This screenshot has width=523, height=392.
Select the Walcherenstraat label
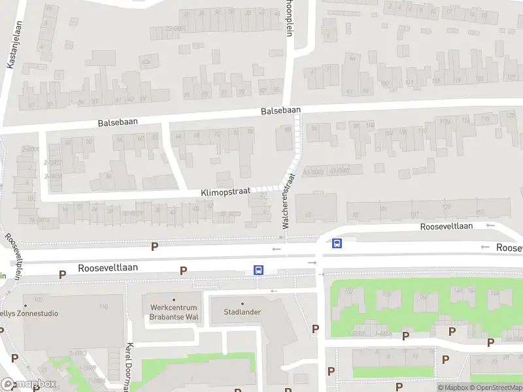(288, 200)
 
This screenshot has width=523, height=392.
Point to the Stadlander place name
(243, 312)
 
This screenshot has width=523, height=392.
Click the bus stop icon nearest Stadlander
(259, 269)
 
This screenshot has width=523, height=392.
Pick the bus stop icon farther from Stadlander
(337, 244)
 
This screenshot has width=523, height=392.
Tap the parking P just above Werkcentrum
(184, 270)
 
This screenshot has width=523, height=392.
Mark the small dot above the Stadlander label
(243, 303)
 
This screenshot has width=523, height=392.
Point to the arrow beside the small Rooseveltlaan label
(490, 225)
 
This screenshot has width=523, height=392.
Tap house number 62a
(146, 61)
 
